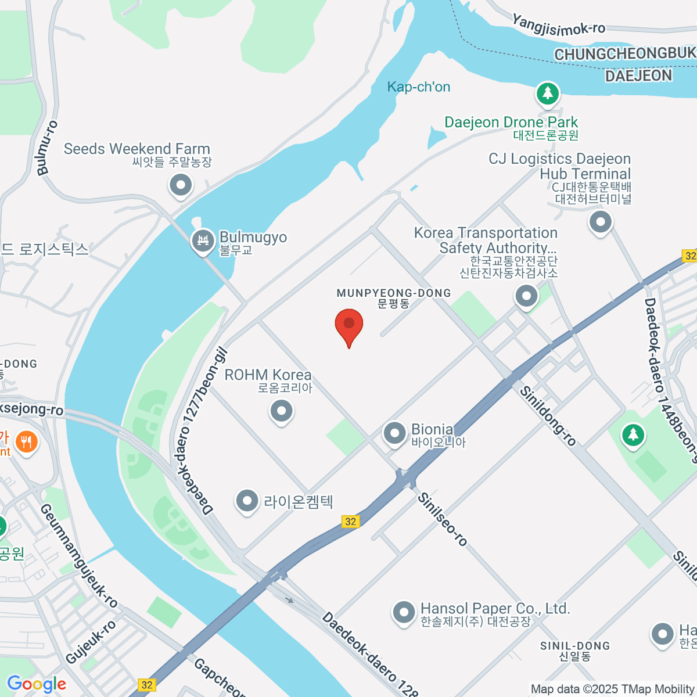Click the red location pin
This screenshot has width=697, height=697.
point(349,324)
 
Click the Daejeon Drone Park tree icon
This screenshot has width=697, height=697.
point(547,93)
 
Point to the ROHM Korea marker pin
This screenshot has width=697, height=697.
point(282,411)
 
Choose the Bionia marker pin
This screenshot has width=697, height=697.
point(395,433)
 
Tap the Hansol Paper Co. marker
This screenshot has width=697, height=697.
point(403,612)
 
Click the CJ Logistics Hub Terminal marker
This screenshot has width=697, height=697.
point(601,222)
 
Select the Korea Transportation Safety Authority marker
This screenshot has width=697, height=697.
point(526,296)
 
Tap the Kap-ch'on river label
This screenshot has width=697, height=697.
point(419,87)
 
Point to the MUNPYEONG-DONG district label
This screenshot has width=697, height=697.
point(394,293)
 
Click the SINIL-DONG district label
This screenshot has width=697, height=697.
point(575,646)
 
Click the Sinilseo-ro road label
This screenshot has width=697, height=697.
point(443,519)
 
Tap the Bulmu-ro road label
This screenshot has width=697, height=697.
point(47,148)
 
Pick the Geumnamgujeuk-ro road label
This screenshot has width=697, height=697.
point(78,555)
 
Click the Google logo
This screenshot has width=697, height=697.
point(37,684)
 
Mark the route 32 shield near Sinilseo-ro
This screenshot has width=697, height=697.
point(350,522)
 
